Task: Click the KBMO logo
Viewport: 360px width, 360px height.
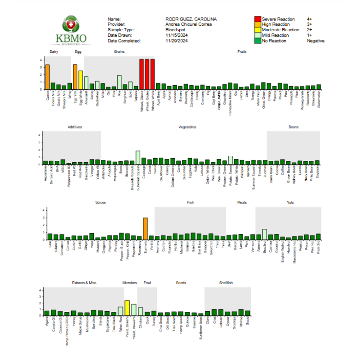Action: click(71, 31)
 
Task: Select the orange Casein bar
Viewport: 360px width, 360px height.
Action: click(47, 77)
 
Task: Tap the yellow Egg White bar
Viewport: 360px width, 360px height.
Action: click(81, 80)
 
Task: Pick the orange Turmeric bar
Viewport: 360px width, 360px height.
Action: click(145, 229)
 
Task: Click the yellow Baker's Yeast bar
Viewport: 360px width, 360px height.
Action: click(127, 308)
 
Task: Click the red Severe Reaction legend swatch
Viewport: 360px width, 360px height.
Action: click(258, 19)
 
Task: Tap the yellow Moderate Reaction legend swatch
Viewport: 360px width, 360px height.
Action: click(258, 30)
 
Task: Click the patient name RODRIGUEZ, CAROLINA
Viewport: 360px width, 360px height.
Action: click(191, 19)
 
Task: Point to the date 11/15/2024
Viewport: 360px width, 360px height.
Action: click(177, 35)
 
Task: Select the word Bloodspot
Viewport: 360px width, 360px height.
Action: click(175, 30)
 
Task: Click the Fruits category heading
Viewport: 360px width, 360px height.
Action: click(242, 51)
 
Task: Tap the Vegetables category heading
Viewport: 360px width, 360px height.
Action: click(187, 127)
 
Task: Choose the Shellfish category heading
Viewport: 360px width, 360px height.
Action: click(226, 283)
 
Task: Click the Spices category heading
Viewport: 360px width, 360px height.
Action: click(100, 202)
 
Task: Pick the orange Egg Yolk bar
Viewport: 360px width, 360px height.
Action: click(75, 77)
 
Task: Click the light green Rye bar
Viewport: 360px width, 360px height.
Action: click(119, 82)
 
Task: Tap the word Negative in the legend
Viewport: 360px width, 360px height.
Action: click(315, 41)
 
